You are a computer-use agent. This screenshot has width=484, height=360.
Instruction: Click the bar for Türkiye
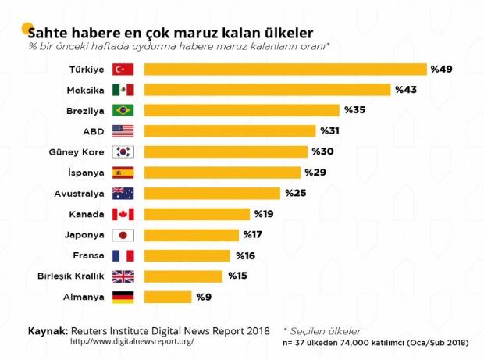[285, 70]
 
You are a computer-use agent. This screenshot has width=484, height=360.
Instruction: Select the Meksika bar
[267, 90]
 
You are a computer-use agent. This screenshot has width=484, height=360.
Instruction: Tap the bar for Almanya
[168, 297]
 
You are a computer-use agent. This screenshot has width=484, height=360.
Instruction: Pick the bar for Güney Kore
[226, 151]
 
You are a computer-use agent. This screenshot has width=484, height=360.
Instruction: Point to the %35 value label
[354, 110]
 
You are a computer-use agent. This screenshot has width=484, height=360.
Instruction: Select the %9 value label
[204, 297]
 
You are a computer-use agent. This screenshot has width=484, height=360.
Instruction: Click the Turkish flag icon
[123, 70]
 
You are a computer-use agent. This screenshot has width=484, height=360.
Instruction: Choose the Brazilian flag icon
[123, 110]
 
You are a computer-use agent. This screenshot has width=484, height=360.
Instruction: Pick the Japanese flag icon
[123, 235]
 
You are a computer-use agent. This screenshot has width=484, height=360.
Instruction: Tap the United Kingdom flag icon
[123, 276]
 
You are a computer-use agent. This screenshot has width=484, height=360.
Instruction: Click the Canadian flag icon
[123, 214]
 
